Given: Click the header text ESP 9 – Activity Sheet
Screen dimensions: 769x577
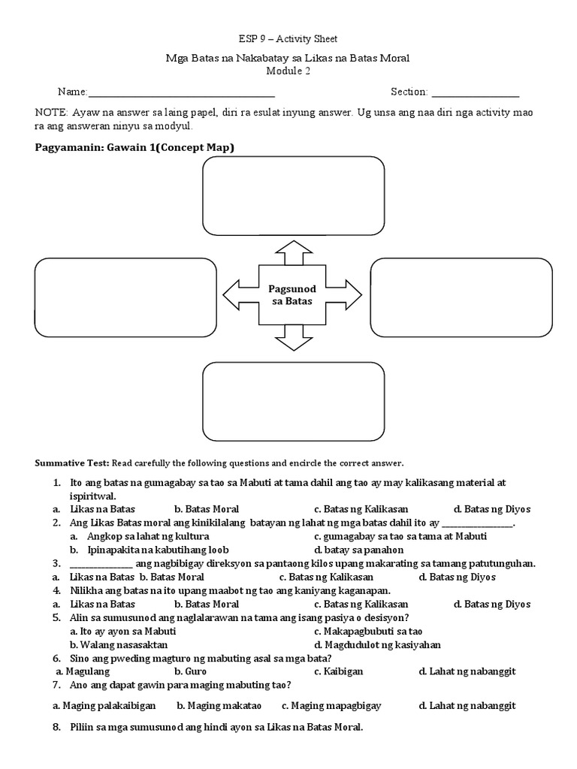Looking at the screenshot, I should pyautogui.click(x=288, y=39).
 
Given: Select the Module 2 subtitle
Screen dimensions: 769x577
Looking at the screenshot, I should pyautogui.click(x=288, y=71).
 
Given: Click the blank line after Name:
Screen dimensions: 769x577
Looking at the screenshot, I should pyautogui.click(x=181, y=93).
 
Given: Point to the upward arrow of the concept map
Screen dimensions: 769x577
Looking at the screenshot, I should pyautogui.click(x=288, y=252).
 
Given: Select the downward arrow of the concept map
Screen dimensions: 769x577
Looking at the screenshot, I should pyautogui.click(x=288, y=339).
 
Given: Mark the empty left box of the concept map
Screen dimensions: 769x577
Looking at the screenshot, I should pyautogui.click(x=125, y=297).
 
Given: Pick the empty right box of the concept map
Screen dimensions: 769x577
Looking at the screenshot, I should pyautogui.click(x=461, y=297).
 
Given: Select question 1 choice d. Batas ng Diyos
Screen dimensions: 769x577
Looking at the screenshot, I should pyautogui.click(x=492, y=508).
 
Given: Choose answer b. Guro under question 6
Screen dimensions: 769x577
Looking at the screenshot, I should pyautogui.click(x=190, y=671).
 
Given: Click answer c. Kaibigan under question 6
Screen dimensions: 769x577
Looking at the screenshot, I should pyautogui.click(x=339, y=671).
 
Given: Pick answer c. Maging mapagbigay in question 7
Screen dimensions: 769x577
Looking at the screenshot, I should pyautogui.click(x=331, y=706).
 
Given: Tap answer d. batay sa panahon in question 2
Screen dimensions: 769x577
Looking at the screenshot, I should pyautogui.click(x=359, y=550).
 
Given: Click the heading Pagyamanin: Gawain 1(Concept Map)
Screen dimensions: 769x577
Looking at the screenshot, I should pyautogui.click(x=134, y=147).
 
